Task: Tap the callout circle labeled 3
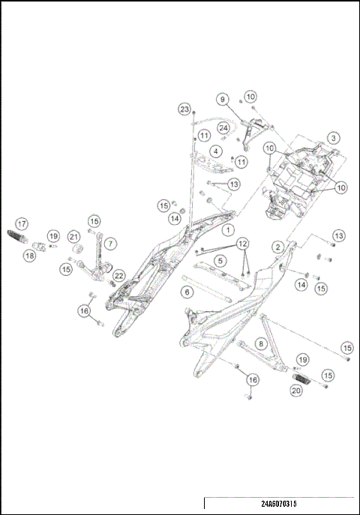click(x=332, y=138)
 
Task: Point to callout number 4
click(x=215, y=151)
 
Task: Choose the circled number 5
click(x=220, y=260)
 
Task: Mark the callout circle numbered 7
click(x=110, y=244)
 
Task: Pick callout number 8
click(x=260, y=343)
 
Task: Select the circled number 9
click(x=222, y=99)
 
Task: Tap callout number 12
click(x=241, y=244)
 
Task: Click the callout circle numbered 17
click(x=22, y=223)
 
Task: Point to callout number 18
click(x=29, y=256)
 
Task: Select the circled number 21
click(x=74, y=237)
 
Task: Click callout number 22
click(x=118, y=276)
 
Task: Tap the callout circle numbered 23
click(x=184, y=109)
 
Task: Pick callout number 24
click(x=223, y=128)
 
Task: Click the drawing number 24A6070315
click(x=280, y=504)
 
